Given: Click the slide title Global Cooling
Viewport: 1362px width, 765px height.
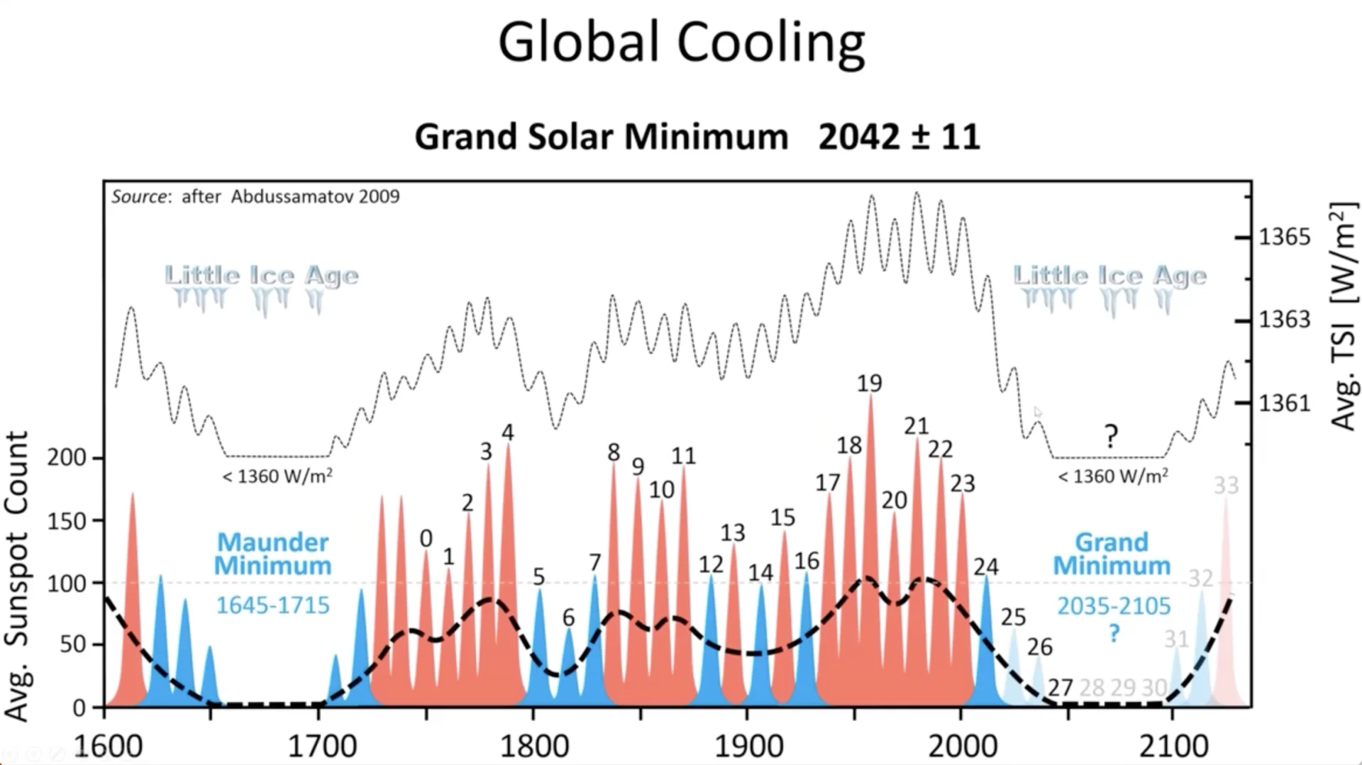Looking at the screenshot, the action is point(681,43).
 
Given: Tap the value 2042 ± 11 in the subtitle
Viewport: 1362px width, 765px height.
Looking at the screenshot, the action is point(899,136).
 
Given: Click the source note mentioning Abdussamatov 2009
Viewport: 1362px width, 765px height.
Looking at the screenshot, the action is point(255,196).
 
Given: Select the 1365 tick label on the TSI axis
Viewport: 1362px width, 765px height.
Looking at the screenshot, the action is point(1285,237).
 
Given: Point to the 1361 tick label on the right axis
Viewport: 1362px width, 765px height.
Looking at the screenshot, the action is point(1285,403).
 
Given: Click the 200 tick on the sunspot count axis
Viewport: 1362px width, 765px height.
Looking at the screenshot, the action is point(67,457).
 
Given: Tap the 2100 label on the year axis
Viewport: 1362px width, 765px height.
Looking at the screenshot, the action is point(1174,747).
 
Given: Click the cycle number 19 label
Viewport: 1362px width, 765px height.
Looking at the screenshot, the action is point(869,384).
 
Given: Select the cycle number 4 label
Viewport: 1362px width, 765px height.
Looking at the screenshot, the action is point(507,432).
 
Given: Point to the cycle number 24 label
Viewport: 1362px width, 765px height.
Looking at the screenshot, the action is point(986,566).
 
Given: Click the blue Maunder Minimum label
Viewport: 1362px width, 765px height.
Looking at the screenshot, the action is point(273,554).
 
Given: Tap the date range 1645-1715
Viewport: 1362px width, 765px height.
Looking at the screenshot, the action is point(273,605).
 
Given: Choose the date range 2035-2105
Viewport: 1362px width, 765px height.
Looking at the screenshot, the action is point(1114,606).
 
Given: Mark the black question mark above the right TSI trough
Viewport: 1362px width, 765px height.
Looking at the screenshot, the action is point(1111,435).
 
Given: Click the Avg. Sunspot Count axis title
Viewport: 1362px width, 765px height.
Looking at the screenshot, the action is point(16,575).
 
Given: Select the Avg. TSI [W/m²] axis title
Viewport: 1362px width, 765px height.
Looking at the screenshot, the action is point(1343,316).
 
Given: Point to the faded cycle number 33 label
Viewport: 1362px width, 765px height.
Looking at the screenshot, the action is point(1226,486).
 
